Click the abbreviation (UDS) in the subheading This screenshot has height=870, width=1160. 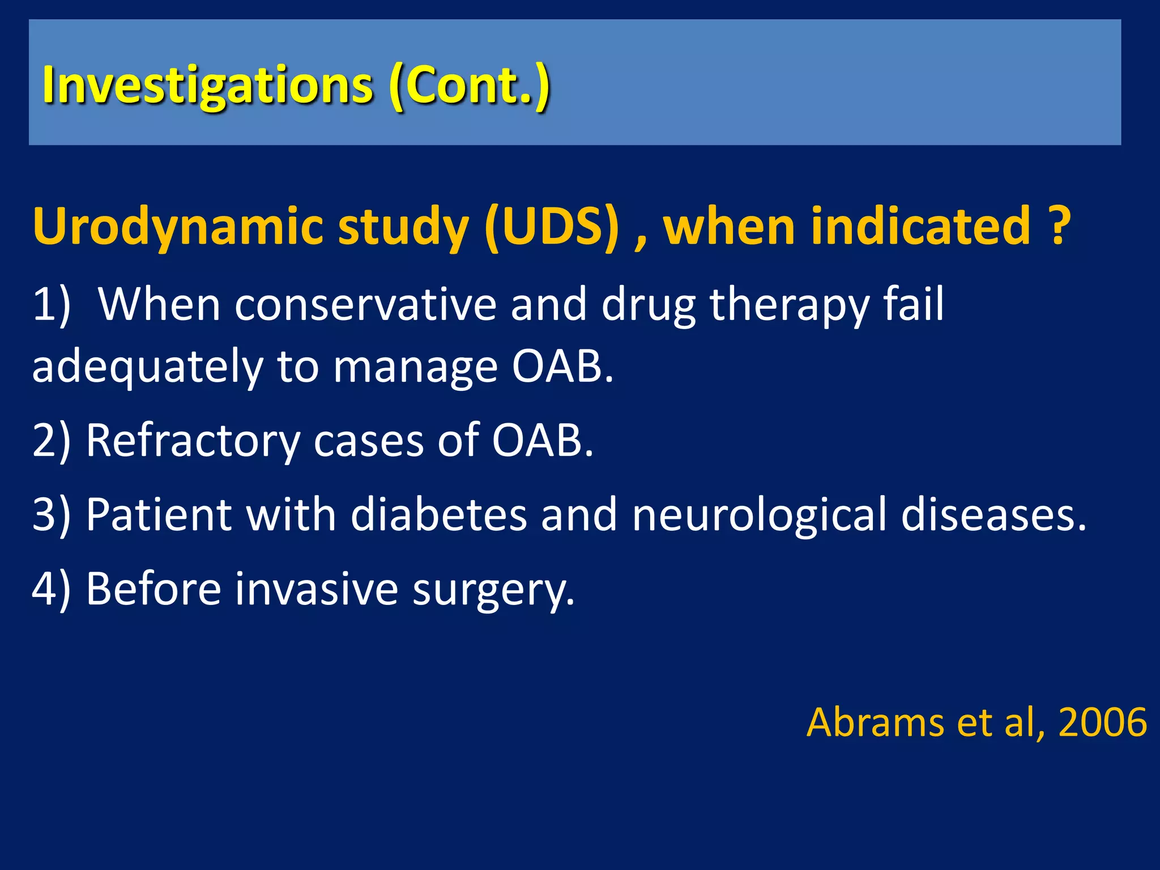click(x=552, y=227)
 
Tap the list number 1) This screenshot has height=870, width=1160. click(x=51, y=305)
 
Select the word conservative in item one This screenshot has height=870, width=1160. click(x=365, y=305)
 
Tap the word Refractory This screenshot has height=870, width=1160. click(x=193, y=441)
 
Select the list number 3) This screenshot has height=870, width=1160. click(x=51, y=514)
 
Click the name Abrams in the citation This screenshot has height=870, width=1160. click(x=875, y=722)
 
